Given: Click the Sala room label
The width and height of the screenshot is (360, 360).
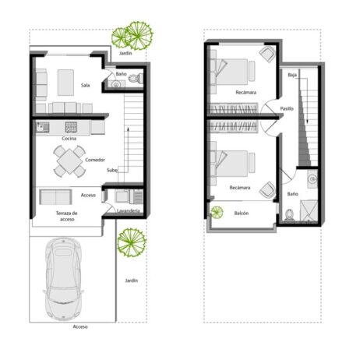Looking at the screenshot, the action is (x=86, y=85).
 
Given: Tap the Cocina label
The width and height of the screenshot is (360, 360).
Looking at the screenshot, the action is (x=69, y=139).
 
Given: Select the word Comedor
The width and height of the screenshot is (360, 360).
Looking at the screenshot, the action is (x=95, y=160).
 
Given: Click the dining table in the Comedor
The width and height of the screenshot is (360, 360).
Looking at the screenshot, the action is (x=69, y=161).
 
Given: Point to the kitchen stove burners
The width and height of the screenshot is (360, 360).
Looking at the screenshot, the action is (x=71, y=127).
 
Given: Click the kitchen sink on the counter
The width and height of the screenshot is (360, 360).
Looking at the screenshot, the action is (x=43, y=127).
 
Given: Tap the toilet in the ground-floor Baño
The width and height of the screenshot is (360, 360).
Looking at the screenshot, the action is (x=136, y=78).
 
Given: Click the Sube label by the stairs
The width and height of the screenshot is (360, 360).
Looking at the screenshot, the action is (x=112, y=171).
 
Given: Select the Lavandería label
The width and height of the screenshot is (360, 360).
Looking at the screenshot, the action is (x=129, y=211).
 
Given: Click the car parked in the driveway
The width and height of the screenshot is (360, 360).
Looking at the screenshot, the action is (x=64, y=278).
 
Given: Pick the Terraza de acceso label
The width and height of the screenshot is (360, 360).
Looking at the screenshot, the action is (x=67, y=216).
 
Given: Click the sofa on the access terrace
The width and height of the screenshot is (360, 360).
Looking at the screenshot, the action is (x=55, y=197).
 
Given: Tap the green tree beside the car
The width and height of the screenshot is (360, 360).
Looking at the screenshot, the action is (x=132, y=242).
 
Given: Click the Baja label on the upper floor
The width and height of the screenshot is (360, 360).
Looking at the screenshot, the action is (x=292, y=75).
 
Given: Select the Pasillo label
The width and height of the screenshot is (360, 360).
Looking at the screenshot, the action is (x=287, y=108).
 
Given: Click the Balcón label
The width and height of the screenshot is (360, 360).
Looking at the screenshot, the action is (x=242, y=213).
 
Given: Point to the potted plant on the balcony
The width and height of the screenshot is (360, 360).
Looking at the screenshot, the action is (x=217, y=212).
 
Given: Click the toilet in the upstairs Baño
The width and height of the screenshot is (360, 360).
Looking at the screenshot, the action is (x=289, y=215).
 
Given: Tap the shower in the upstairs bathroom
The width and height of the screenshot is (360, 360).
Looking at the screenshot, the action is (x=309, y=210).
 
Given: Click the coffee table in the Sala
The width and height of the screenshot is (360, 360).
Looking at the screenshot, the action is (x=65, y=83).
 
